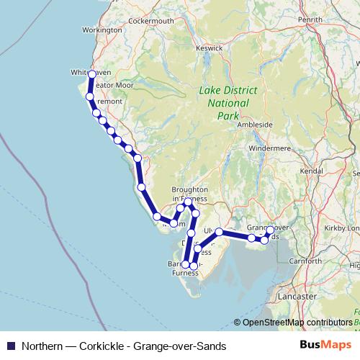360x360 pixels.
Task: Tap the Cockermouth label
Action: tap(152, 22)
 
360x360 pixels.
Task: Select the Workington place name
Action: tap(103, 31)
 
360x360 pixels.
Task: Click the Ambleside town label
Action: tap(255, 125)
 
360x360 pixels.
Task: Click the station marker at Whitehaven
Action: tap(92, 74)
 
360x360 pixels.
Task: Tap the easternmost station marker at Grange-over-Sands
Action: tap(270, 230)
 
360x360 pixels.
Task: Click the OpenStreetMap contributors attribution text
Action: tap(297, 323)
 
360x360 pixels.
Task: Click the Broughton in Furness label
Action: tap(189, 194)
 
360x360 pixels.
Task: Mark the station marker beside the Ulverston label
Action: tap(219, 232)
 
